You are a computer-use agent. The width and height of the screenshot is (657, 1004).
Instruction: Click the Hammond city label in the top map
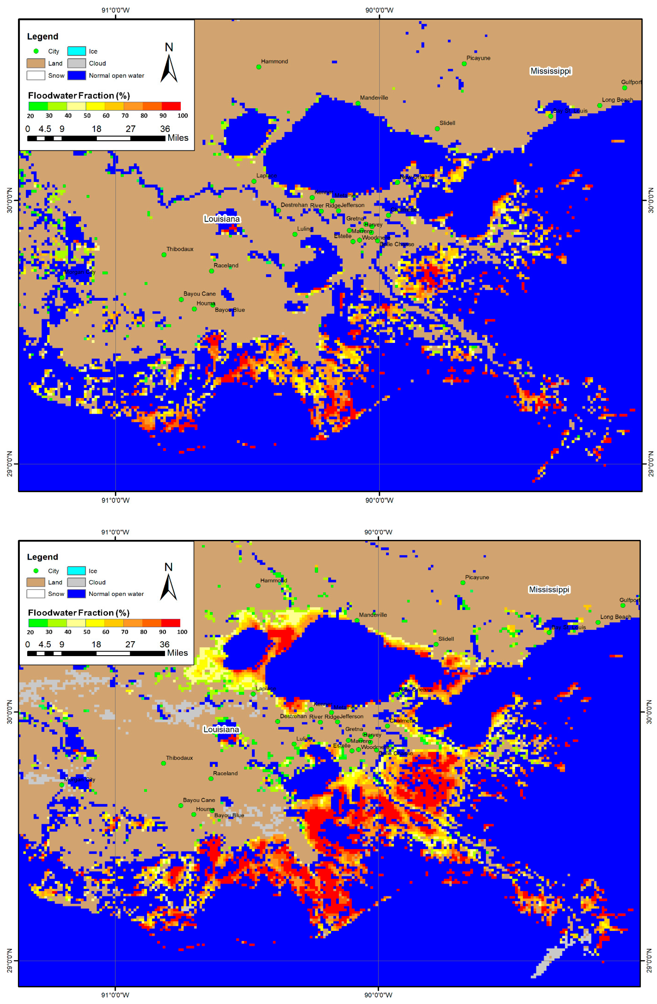(274, 61)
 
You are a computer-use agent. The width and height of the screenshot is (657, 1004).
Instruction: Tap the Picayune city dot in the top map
(464, 64)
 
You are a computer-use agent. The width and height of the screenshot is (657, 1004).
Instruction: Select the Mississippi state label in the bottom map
(548, 589)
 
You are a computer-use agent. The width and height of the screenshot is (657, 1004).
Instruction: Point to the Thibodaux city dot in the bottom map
(163, 763)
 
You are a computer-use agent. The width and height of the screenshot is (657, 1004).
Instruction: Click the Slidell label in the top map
(447, 123)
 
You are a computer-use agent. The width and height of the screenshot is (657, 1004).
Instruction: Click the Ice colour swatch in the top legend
(76, 51)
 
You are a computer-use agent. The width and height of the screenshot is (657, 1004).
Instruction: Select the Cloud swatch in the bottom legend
(76, 582)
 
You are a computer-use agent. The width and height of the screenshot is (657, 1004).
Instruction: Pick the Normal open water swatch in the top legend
(76, 76)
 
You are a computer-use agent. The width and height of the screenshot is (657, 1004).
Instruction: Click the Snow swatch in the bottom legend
(36, 594)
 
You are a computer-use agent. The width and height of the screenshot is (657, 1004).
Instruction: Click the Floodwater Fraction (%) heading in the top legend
(78, 95)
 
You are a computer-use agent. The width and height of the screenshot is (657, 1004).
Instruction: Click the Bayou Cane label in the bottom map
(199, 800)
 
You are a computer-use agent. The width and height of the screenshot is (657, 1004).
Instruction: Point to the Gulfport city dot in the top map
(624, 88)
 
